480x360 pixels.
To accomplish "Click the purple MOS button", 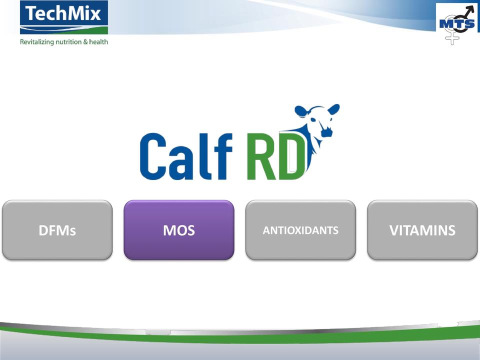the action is pos(179,230).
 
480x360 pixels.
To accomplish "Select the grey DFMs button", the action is pos(57,230).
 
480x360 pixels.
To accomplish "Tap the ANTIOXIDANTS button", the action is pos(300,230).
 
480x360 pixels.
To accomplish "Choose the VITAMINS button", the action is pos(422,230).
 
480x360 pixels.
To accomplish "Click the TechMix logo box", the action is pos(64,17).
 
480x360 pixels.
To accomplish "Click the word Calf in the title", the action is pos(186,156).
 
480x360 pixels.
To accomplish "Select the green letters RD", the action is pos(276,156).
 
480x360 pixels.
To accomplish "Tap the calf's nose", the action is pos(326,132).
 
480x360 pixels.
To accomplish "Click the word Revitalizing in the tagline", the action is pos(36,42).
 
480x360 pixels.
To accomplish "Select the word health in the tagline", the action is pos(98,41).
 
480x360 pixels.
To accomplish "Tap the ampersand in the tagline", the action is pos(85,42).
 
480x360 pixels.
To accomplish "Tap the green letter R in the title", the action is pos(261,156).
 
